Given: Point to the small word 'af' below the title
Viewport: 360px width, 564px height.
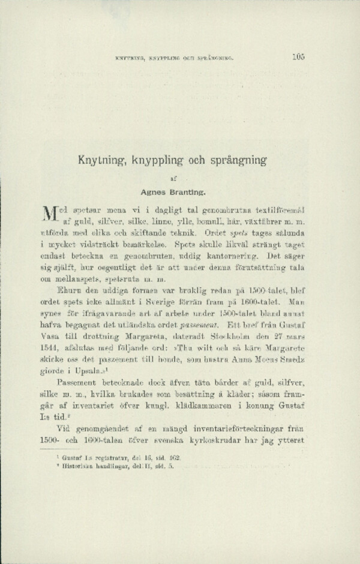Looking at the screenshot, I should click(180, 178).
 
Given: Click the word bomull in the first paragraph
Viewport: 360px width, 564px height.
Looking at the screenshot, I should click(203, 221).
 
